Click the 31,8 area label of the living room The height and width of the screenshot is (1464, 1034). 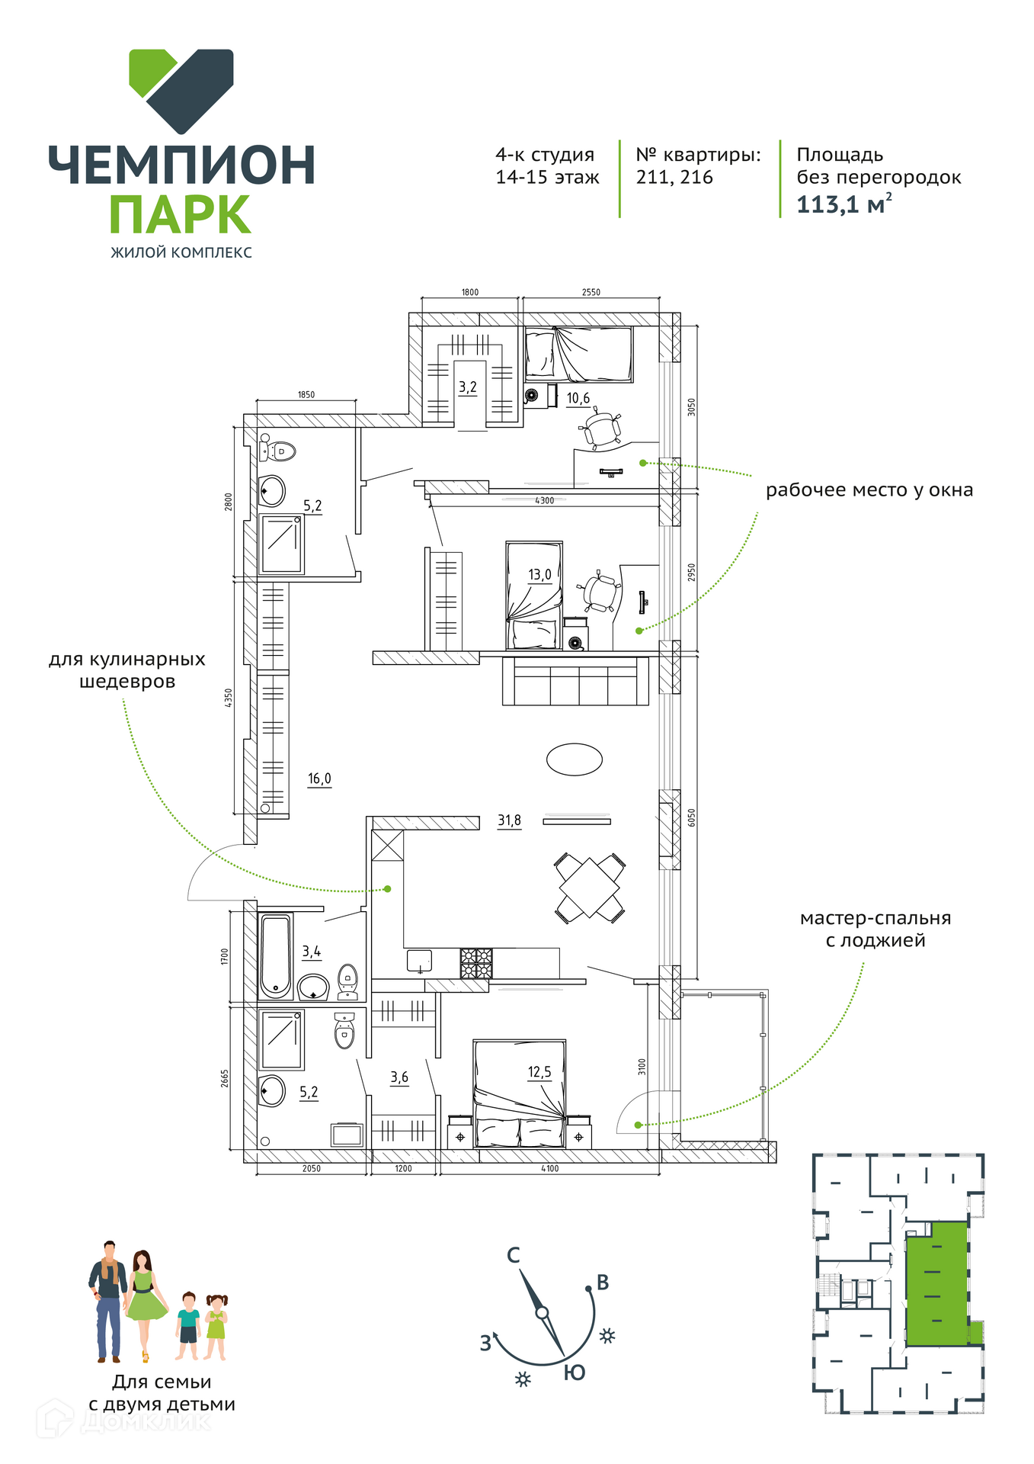point(510,820)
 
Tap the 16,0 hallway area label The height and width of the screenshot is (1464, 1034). point(319,779)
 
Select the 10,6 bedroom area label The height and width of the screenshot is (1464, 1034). point(578,398)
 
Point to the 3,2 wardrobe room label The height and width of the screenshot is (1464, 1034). point(467,387)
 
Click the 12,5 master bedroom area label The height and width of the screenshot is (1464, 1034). point(539,1072)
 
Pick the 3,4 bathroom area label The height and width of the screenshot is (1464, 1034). point(311,952)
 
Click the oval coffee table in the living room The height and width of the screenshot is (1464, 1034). point(575,759)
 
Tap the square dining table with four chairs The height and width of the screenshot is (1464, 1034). point(590,888)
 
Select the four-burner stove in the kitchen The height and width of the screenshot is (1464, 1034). point(476,964)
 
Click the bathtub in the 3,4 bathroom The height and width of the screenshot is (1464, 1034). point(276,956)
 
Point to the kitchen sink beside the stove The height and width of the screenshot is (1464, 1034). point(419,962)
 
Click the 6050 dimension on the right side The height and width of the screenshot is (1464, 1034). point(691,818)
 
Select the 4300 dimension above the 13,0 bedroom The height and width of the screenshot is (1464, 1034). point(544,500)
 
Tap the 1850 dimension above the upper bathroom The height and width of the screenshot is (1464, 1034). point(306,394)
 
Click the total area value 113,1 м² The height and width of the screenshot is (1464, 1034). point(844,204)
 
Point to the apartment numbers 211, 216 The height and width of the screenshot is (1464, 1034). point(674,178)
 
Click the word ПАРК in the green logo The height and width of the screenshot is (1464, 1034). point(180,214)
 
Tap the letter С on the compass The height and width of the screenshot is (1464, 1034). point(514,1255)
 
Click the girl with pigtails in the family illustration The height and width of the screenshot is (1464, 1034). point(216,1326)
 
